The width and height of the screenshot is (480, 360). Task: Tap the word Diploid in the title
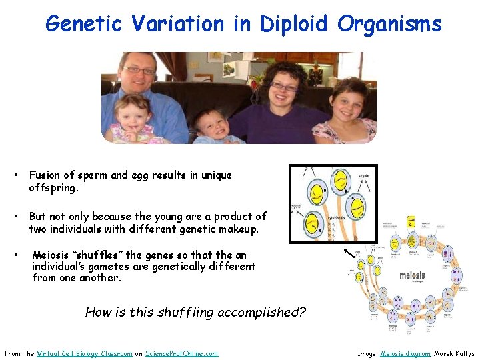(x=293, y=24)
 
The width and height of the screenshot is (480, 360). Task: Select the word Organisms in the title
(x=389, y=24)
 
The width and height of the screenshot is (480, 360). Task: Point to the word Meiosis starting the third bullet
(x=53, y=255)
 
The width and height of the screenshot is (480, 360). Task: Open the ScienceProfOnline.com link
(x=182, y=353)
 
